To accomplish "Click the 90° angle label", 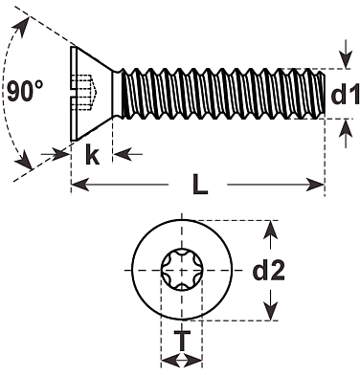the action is coord(25,91).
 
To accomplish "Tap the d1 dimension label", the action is coord(346,95).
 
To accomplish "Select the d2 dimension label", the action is coord(268,271).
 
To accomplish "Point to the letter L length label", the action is coord(200,184).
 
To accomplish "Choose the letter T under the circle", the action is coord(182,341).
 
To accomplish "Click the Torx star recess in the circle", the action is coord(182,270).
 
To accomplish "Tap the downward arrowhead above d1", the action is coord(346,60).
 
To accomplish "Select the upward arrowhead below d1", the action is coord(346,127).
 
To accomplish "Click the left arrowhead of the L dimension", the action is coord(79,185).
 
